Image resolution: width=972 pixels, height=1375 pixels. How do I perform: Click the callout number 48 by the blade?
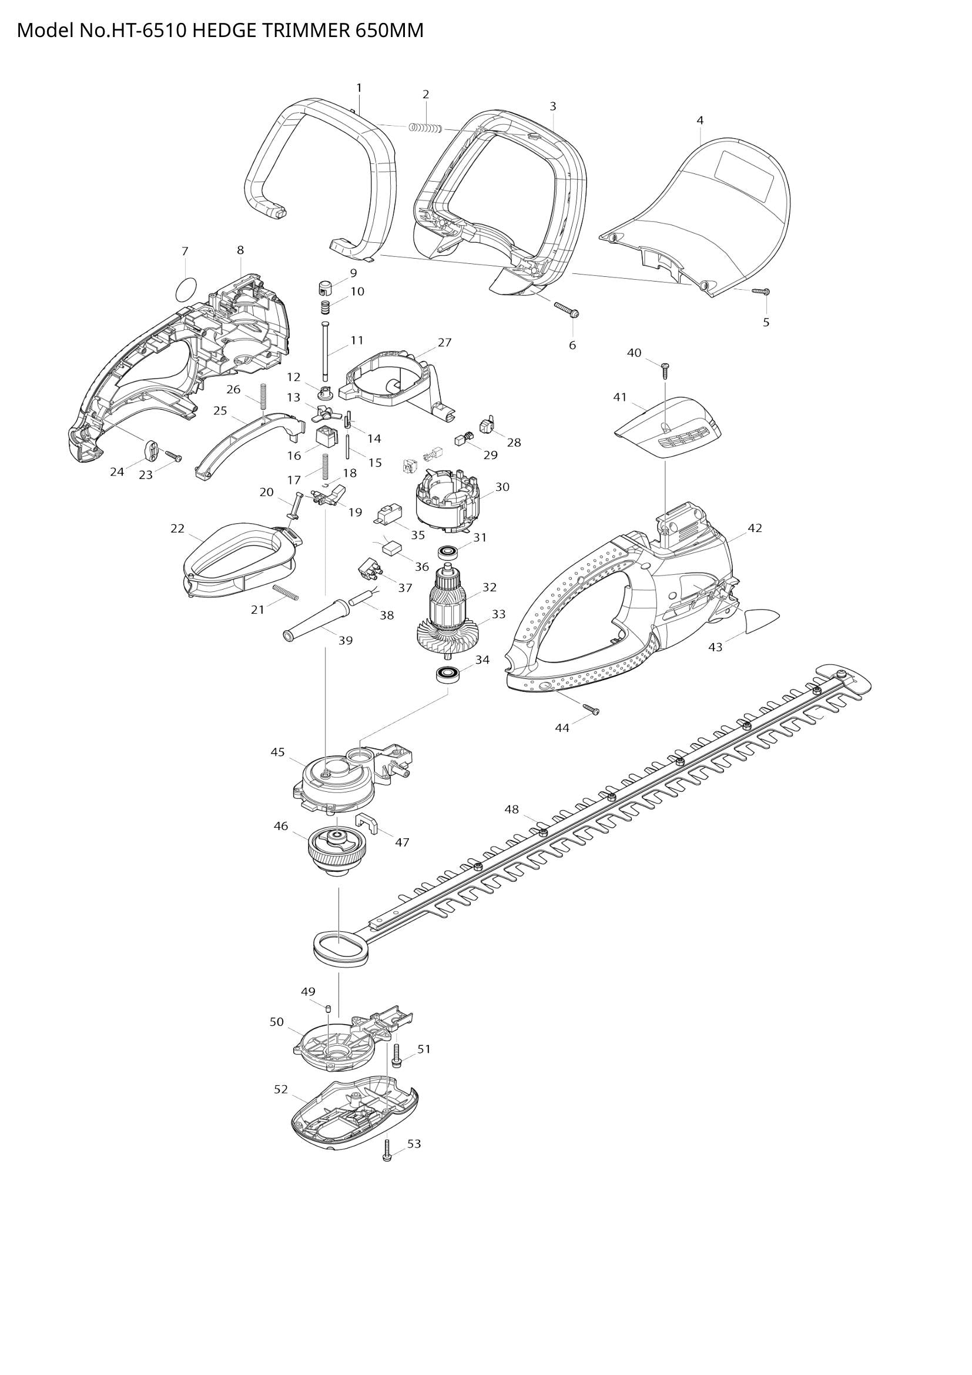tap(511, 809)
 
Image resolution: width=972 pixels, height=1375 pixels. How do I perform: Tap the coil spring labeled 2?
tap(425, 128)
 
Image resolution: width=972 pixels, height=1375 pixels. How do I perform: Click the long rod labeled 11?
tap(325, 350)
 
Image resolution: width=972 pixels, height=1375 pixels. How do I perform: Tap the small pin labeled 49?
tap(329, 1009)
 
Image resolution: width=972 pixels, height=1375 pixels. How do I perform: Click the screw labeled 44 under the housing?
tap(592, 709)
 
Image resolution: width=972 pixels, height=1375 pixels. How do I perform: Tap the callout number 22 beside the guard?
tap(177, 528)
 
